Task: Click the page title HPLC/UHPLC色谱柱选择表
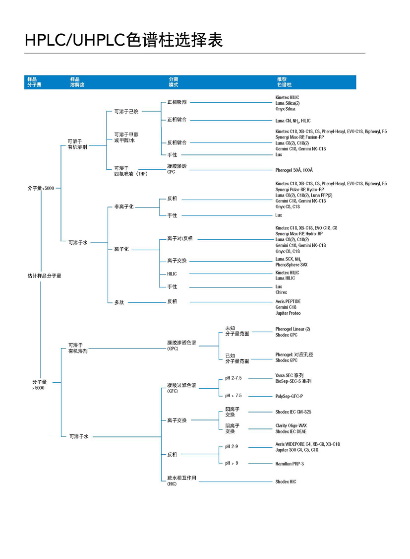tap(124, 40)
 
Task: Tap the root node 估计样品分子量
tap(44, 275)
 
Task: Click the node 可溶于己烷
tap(126, 111)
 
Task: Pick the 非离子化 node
tap(124, 207)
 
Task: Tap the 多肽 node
tap(118, 302)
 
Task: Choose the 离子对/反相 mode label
tap(179, 239)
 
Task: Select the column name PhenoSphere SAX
tap(292, 265)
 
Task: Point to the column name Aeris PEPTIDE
tap(288, 301)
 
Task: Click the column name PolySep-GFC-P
tap(289, 396)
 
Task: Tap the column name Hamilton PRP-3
tap(290, 464)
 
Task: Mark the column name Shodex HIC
tap(286, 482)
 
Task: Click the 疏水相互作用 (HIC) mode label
tap(181, 480)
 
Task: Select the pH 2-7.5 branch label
tap(233, 378)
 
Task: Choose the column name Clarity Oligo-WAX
tap(291, 425)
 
